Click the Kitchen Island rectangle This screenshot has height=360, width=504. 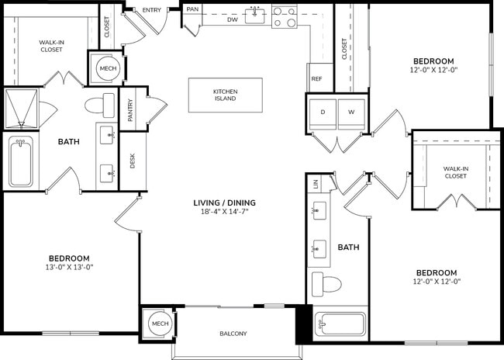[x=225, y=95]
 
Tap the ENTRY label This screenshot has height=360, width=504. [x=152, y=10]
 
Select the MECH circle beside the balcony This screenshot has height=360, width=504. [x=160, y=324]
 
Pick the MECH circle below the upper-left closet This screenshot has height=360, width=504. [x=105, y=68]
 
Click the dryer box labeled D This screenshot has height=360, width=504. [x=324, y=112]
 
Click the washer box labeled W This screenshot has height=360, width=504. [x=350, y=112]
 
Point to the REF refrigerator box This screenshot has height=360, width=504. [x=316, y=79]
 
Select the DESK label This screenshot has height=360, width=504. [x=133, y=161]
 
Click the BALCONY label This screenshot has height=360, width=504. [x=233, y=334]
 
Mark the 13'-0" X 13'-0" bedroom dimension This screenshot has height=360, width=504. [x=70, y=268]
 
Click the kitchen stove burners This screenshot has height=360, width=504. [x=285, y=17]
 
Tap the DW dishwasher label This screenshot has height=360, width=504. [x=233, y=21]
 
